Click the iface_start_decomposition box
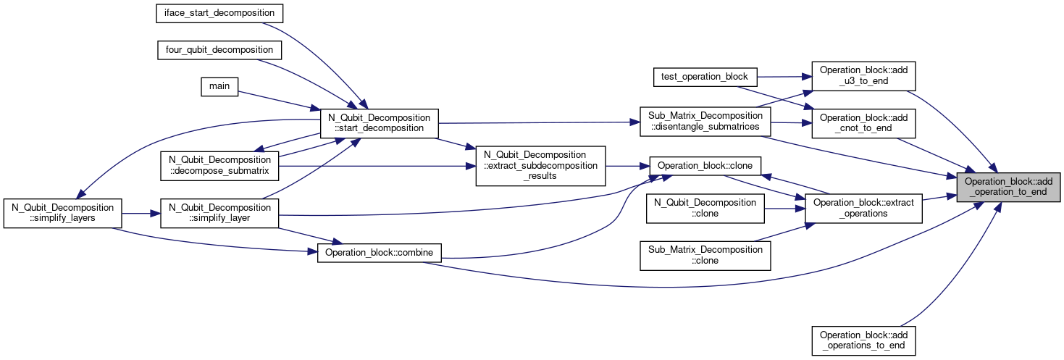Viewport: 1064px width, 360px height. (219, 13)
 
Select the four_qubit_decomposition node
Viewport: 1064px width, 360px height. (219, 50)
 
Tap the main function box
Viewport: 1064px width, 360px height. (219, 87)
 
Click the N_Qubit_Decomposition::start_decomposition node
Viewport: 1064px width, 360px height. (379, 123)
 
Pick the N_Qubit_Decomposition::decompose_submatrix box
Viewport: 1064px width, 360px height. (219, 166)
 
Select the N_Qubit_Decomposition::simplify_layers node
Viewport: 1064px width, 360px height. (63, 213)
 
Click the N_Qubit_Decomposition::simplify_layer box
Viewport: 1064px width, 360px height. (219, 213)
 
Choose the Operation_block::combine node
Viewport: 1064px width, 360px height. (379, 253)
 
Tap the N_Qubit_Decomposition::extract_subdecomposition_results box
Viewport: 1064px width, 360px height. (540, 166)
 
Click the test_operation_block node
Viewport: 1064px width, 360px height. (705, 77)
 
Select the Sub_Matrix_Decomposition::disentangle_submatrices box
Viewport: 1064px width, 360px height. (705, 122)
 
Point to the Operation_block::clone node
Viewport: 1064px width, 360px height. (705, 166)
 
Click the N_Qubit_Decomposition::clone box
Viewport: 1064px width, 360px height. (705, 208)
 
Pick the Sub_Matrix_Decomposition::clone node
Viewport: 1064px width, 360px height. (705, 256)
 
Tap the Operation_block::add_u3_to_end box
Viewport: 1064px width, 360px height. (863, 76)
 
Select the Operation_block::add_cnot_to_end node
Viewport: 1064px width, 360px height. (863, 123)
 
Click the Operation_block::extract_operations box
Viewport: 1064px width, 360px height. (863, 208)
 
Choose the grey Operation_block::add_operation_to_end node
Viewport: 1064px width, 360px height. (1008, 187)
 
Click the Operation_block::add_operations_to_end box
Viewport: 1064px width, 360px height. (863, 340)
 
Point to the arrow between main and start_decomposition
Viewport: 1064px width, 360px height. (279, 101)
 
